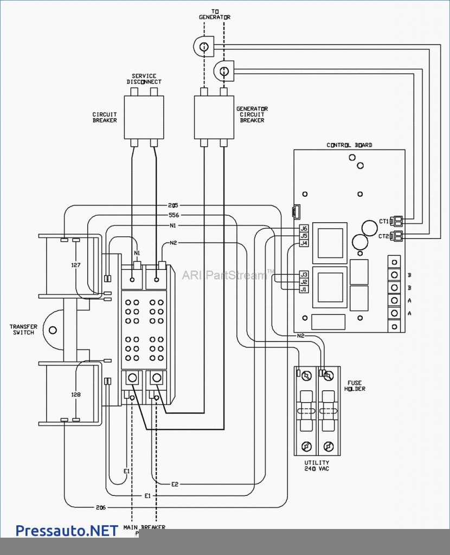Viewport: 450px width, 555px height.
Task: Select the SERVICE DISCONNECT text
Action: [144, 79]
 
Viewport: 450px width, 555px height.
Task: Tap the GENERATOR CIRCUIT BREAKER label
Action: [252, 114]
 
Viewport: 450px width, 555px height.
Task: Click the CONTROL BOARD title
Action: [349, 145]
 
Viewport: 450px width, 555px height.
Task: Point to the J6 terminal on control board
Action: [304, 229]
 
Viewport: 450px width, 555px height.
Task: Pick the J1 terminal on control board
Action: [304, 289]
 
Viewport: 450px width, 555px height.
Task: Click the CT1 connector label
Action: [384, 221]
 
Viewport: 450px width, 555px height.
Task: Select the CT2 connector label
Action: [384, 236]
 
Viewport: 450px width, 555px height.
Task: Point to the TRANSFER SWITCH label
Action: [23, 330]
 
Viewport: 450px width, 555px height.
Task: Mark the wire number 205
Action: [173, 206]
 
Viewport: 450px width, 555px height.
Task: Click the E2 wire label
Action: [175, 483]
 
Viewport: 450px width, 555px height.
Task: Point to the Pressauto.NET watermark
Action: [66, 530]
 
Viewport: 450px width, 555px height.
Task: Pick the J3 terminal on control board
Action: [304, 274]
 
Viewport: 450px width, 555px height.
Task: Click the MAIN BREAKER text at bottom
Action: [144, 527]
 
